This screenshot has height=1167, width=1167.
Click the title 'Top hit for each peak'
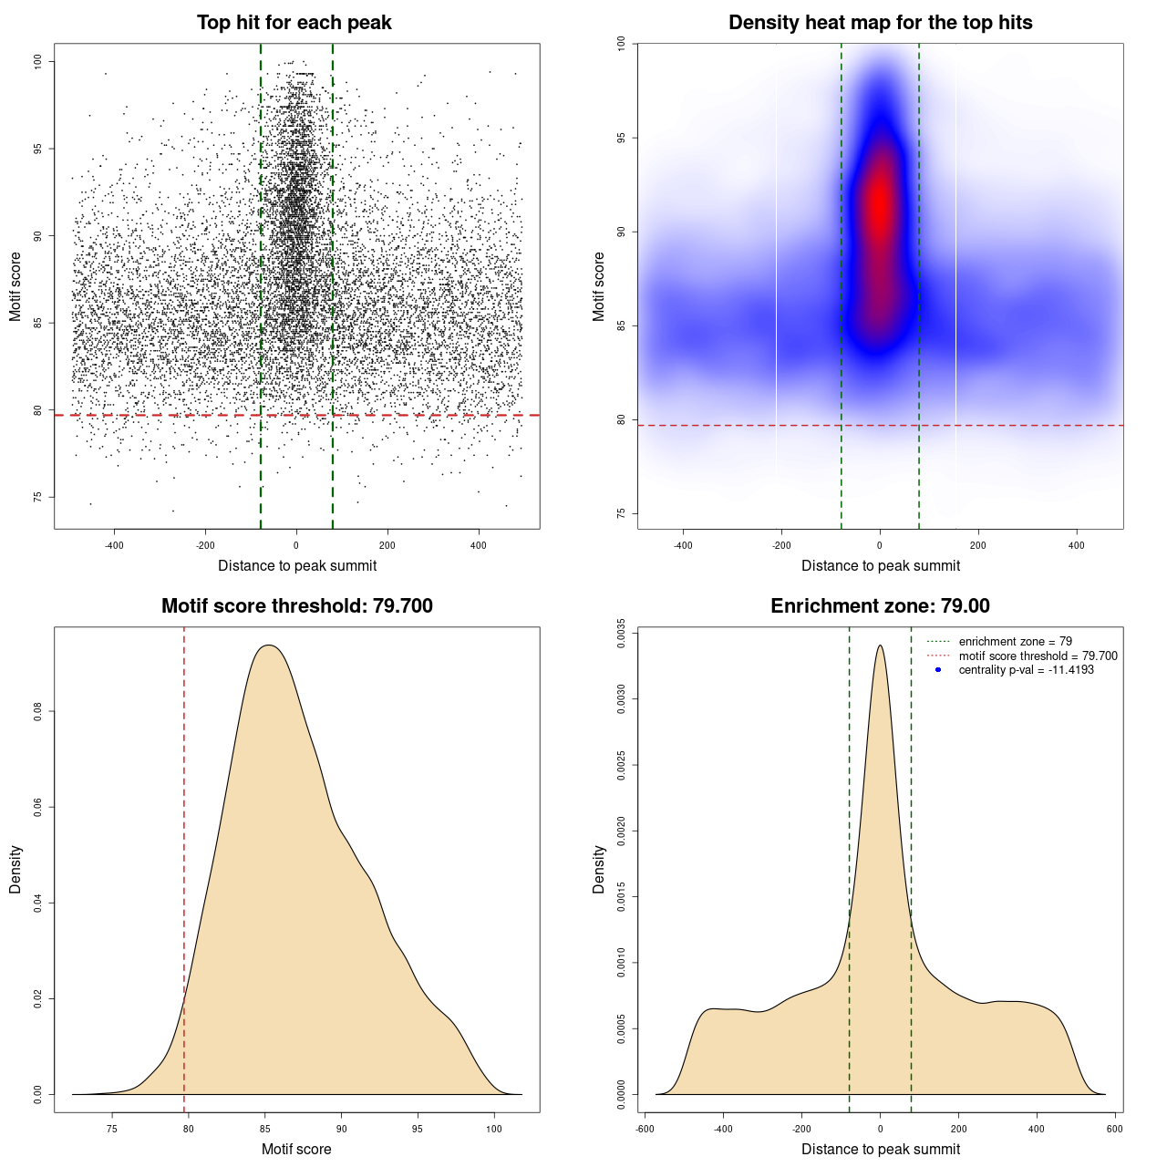coord(294,23)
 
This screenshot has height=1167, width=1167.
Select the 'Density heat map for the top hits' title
coord(880,23)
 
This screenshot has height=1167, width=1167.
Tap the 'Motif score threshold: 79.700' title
coord(296,606)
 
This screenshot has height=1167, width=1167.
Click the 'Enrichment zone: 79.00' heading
coord(880,606)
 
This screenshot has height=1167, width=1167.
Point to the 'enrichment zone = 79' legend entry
coord(1015,642)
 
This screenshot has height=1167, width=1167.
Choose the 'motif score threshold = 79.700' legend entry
coord(1038,656)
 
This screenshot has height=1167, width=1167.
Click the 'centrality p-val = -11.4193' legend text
coord(1026,670)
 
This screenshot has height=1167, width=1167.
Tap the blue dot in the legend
coord(938,670)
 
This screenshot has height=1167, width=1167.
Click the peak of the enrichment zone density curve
coord(880,645)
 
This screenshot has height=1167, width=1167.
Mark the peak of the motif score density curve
coord(268,645)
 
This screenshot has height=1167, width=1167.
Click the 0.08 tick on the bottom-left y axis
coord(37,711)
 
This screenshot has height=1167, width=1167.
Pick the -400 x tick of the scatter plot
coord(114,546)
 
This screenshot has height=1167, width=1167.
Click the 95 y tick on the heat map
coord(621,138)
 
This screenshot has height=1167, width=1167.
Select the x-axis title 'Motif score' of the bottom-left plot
coord(296,1149)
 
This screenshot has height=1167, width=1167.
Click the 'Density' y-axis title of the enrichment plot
coord(599,869)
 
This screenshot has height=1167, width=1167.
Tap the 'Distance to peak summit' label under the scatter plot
coord(297,565)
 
